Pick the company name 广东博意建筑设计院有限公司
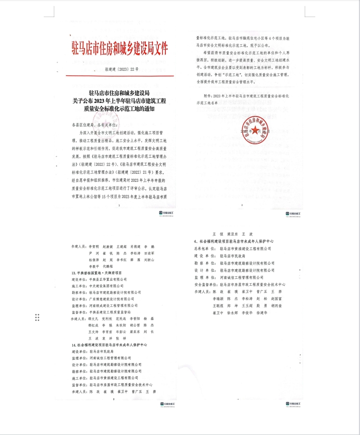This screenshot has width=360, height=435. tap(115, 298)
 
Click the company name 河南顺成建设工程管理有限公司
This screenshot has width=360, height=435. tap(116, 305)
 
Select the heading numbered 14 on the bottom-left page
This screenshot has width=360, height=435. tap(110, 345)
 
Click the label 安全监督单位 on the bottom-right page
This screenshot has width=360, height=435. tap(206, 284)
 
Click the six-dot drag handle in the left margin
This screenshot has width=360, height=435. tap(37, 317)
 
